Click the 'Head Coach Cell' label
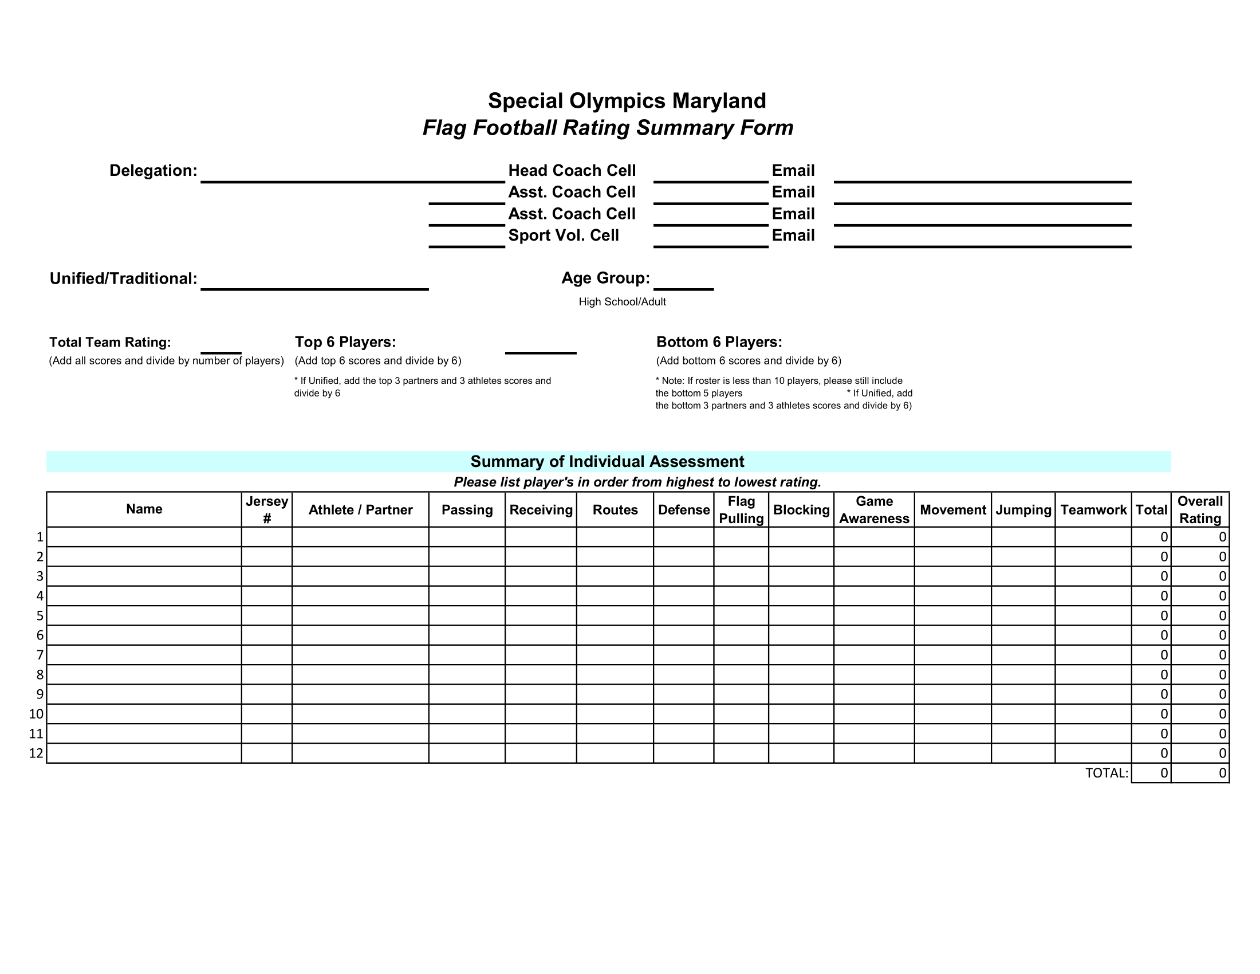pyautogui.click(x=572, y=171)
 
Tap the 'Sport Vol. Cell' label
pyautogui.click(x=563, y=235)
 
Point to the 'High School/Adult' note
pyautogui.click(x=622, y=302)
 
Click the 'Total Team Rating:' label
pyautogui.click(x=110, y=342)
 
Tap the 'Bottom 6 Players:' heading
pyautogui.click(x=719, y=342)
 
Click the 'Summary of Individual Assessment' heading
pyautogui.click(x=607, y=462)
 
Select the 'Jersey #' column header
pyautogui.click(x=266, y=509)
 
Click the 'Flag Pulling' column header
pyautogui.click(x=741, y=509)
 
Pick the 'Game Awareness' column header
pyautogui.click(x=873, y=509)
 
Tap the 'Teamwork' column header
pyautogui.click(x=1093, y=510)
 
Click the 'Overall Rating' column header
pyautogui.click(x=1199, y=509)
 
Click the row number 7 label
pyautogui.click(x=40, y=655)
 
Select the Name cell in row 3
pyautogui.click(x=144, y=576)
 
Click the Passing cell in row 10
pyautogui.click(x=467, y=714)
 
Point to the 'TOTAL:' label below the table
pyautogui.click(x=1106, y=773)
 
